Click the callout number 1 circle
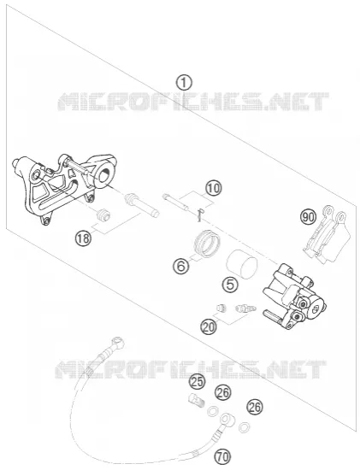pos(184,83)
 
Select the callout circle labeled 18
pos(83,238)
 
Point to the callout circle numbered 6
pos(181,266)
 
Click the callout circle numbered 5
pos(230,285)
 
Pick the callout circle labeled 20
pos(210,326)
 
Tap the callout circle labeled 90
pos(309,217)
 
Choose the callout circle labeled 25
pos(197,382)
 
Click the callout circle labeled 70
pos(222,457)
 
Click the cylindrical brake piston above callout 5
pos(242,264)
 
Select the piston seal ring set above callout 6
pos(207,244)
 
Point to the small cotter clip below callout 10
pos(200,215)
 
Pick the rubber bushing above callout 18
pos(103,214)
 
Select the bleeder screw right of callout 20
pos(246,308)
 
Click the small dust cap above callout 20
pos(221,308)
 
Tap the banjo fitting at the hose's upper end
pos(118,344)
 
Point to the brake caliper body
pos(294,297)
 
